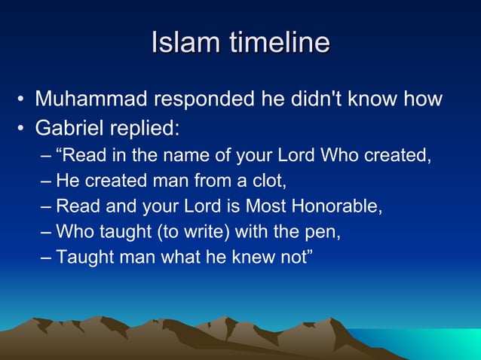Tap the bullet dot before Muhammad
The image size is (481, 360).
(x=23, y=99)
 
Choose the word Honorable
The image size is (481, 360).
(x=342, y=206)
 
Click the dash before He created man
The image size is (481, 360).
(x=47, y=182)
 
